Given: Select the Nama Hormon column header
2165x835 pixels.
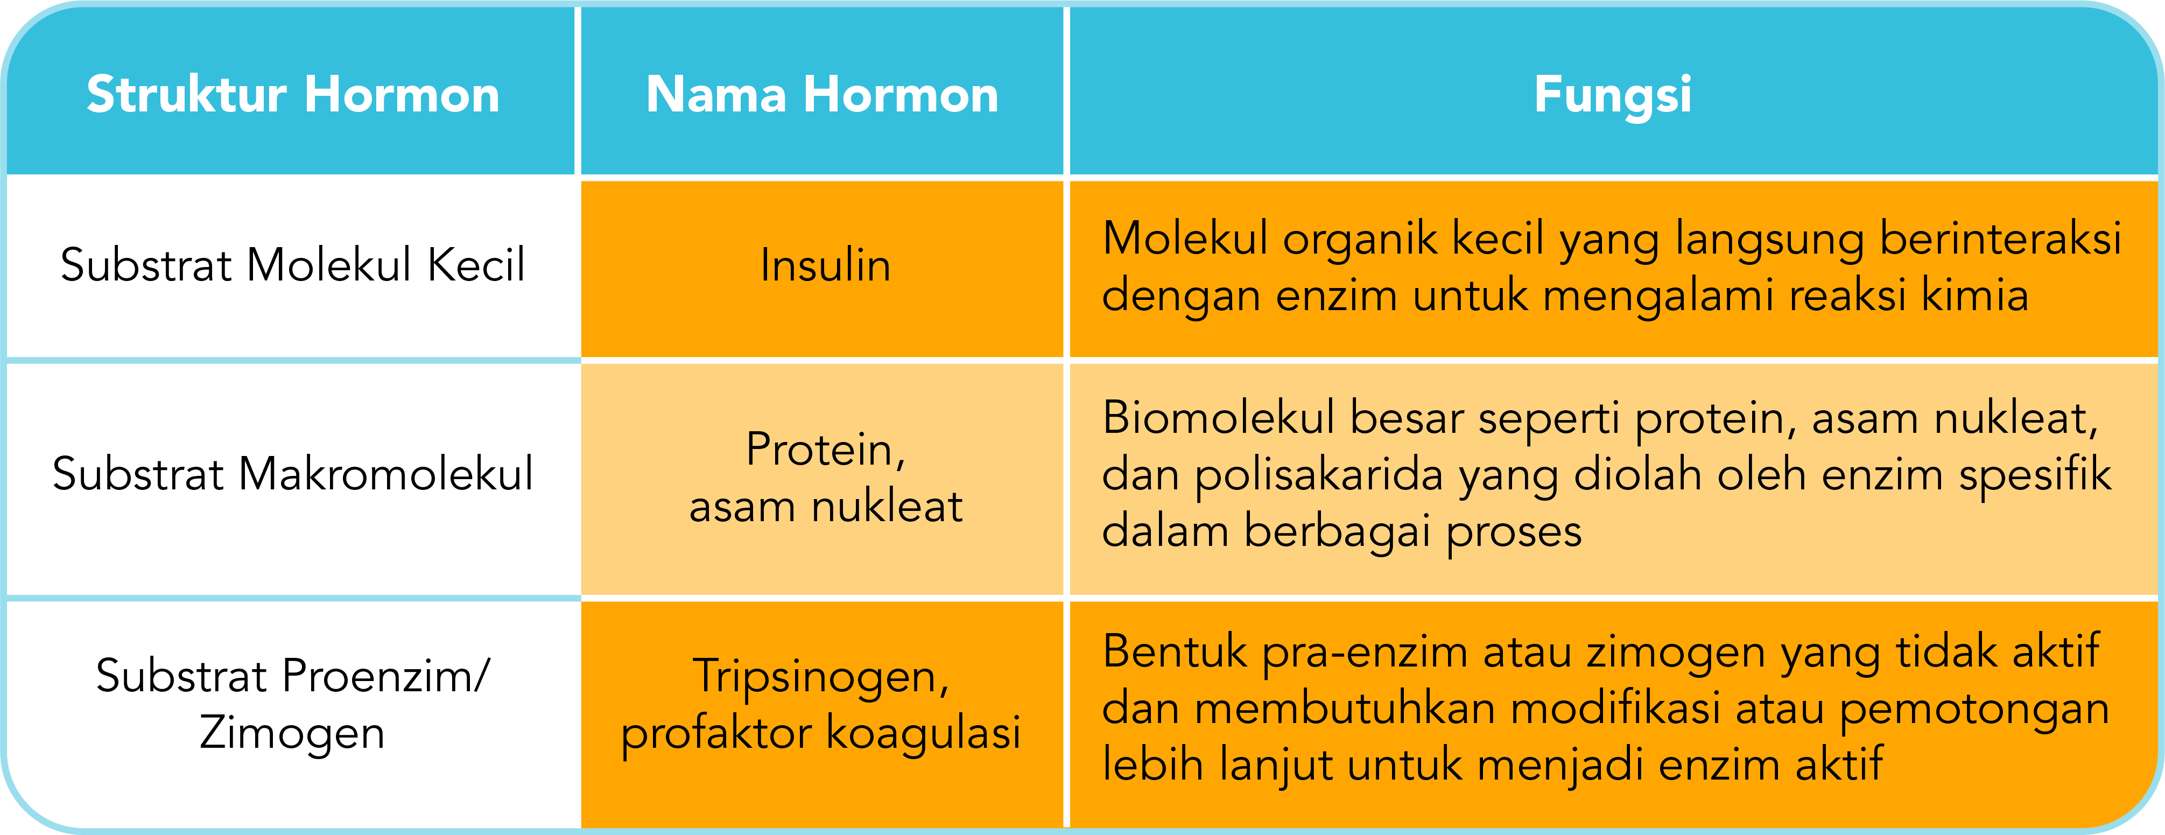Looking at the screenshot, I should point(822,94).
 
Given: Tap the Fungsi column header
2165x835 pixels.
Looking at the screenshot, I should point(1612,94).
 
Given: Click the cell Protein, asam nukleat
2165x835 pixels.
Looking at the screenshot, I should point(825,478).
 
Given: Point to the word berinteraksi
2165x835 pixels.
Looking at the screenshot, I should point(2000,239).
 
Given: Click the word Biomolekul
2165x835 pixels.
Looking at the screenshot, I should point(1218,418).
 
